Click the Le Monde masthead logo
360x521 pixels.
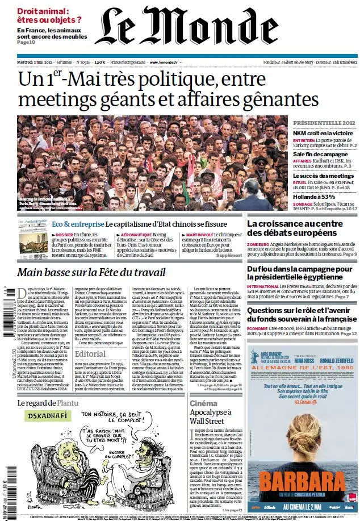[179, 27]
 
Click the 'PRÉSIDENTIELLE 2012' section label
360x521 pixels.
[324, 123]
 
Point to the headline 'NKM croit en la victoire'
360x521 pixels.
[323, 134]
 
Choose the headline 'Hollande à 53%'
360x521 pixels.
[314, 197]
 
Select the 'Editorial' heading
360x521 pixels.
[90, 353]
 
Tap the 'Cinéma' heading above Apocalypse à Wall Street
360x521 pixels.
[203, 403]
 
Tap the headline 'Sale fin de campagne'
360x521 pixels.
[319, 155]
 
